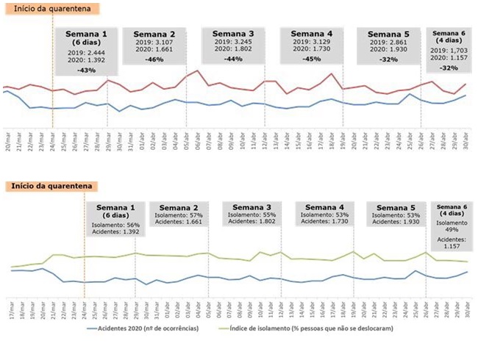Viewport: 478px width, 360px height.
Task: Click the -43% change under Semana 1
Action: click(x=86, y=70)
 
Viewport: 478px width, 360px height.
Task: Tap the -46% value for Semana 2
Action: click(x=154, y=59)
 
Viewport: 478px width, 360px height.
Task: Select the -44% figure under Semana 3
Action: click(x=233, y=59)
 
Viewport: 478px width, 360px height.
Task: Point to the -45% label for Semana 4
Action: click(x=311, y=59)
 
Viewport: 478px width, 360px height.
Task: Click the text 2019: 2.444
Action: click(x=86, y=52)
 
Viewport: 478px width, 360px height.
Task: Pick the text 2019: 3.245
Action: click(x=233, y=43)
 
